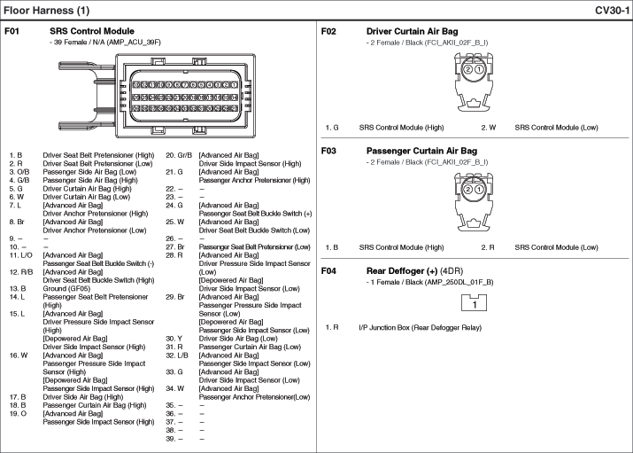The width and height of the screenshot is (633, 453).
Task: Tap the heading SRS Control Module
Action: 91,31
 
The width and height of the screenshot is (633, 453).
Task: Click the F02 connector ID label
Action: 328,31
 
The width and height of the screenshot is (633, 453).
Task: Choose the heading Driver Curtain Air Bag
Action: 412,31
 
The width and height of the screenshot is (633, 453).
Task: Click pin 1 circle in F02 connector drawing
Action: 478,69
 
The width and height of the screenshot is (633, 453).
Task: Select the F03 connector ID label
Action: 328,151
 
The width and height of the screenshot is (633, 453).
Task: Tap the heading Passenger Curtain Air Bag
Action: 421,151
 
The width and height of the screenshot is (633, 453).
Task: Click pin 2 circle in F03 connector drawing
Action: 467,188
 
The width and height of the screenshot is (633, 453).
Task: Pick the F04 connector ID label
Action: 328,270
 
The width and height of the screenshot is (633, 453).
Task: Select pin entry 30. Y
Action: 173,338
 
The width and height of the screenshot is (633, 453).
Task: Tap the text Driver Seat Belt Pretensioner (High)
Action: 98,155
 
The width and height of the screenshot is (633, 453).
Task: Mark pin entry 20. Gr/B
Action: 179,155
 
